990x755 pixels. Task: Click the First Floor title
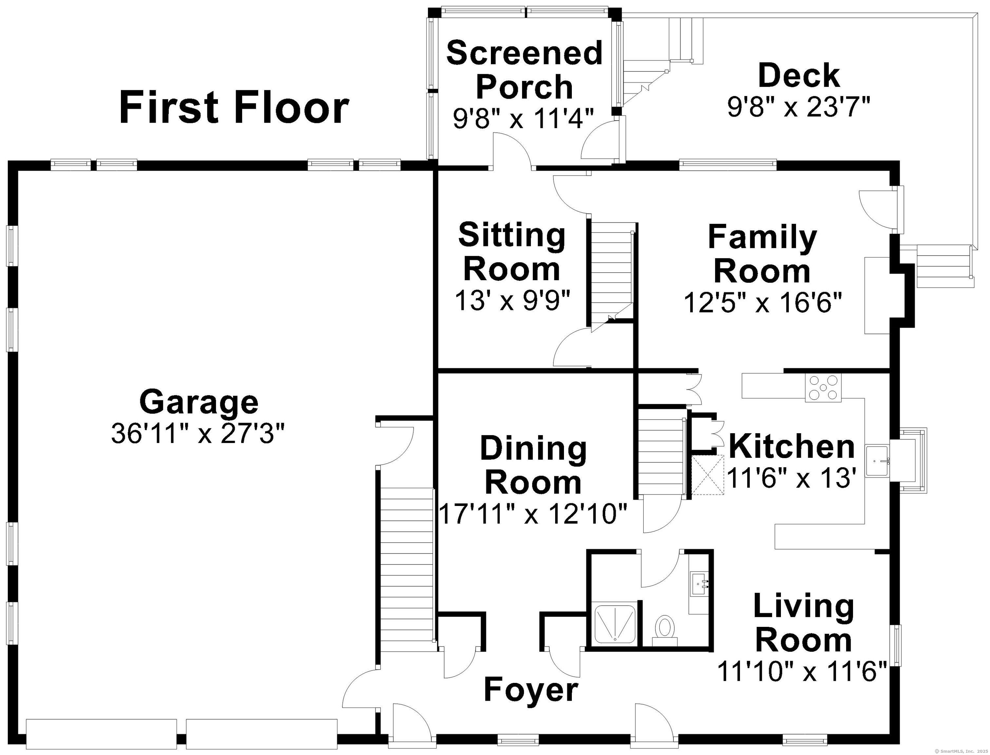coord(234,107)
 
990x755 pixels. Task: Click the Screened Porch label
coord(524,70)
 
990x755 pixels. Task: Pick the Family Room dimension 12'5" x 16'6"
coord(762,302)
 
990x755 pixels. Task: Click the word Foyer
coord(531,691)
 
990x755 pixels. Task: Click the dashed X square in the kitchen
coord(708,474)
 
